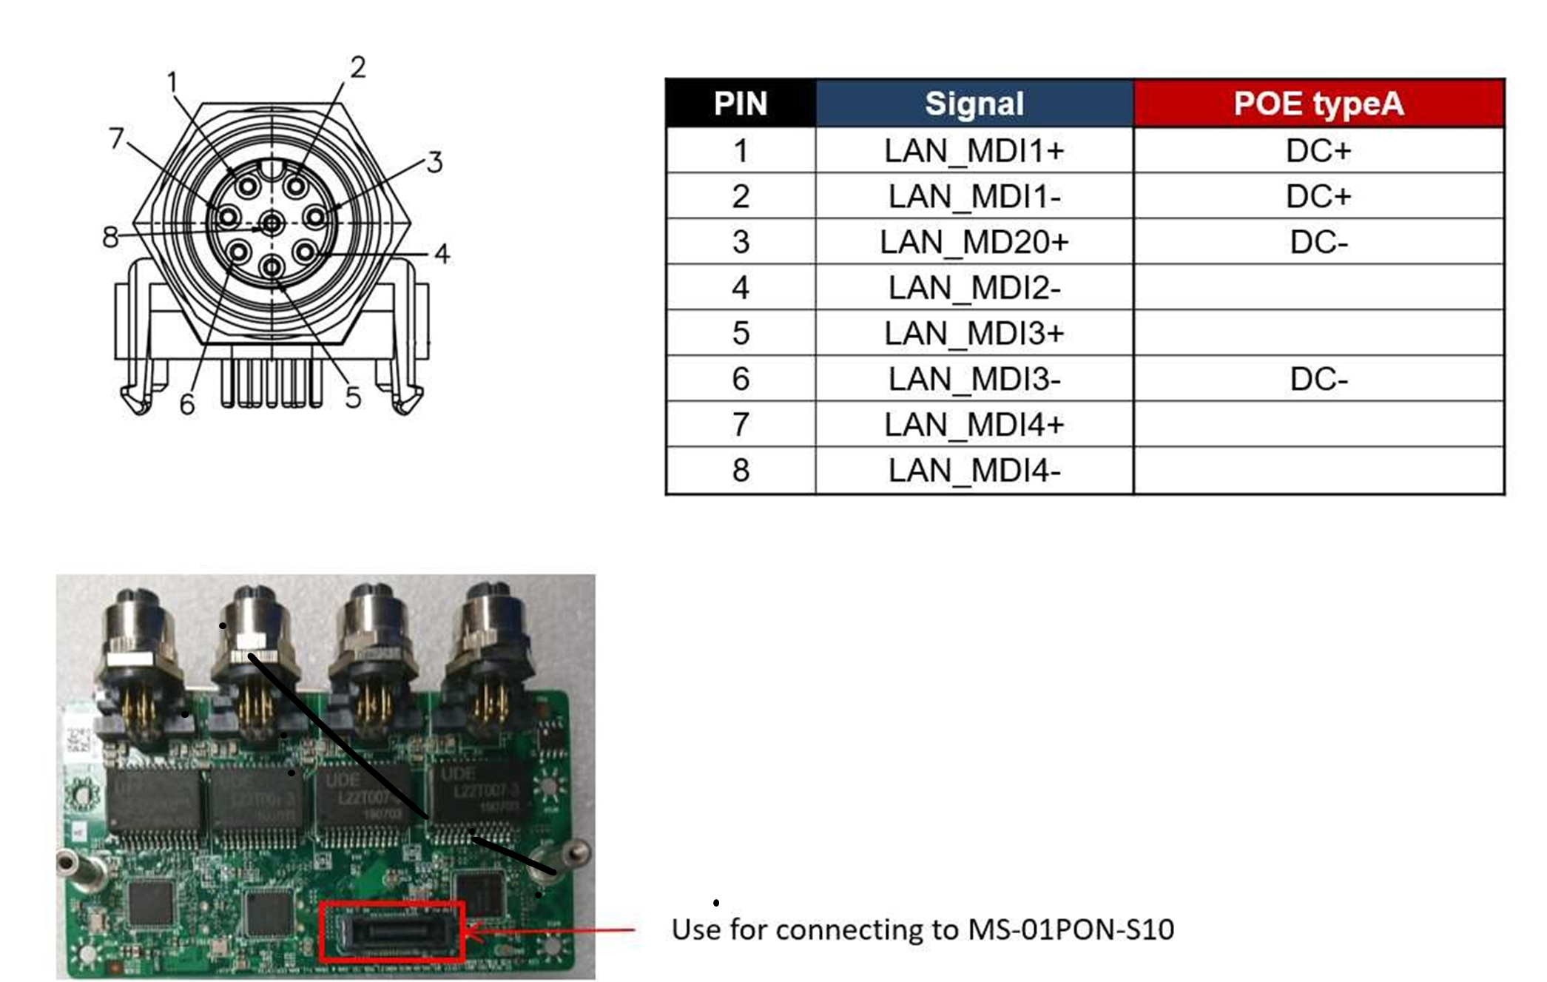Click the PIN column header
tap(741, 104)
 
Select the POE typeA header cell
tap(1318, 104)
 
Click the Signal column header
tap(974, 104)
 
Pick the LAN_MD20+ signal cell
tap(974, 242)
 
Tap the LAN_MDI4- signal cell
tap(974, 471)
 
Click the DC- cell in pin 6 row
tap(1318, 379)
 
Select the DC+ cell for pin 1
tap(1318, 151)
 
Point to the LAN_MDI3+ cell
tap(974, 333)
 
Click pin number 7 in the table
tap(741, 425)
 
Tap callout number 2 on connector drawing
tap(358, 67)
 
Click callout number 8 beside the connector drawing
tap(110, 238)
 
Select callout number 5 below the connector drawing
tap(353, 398)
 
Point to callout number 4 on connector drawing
tap(442, 254)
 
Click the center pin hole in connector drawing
tap(272, 222)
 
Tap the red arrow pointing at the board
tap(555, 929)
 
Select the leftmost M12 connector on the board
tap(137, 651)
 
